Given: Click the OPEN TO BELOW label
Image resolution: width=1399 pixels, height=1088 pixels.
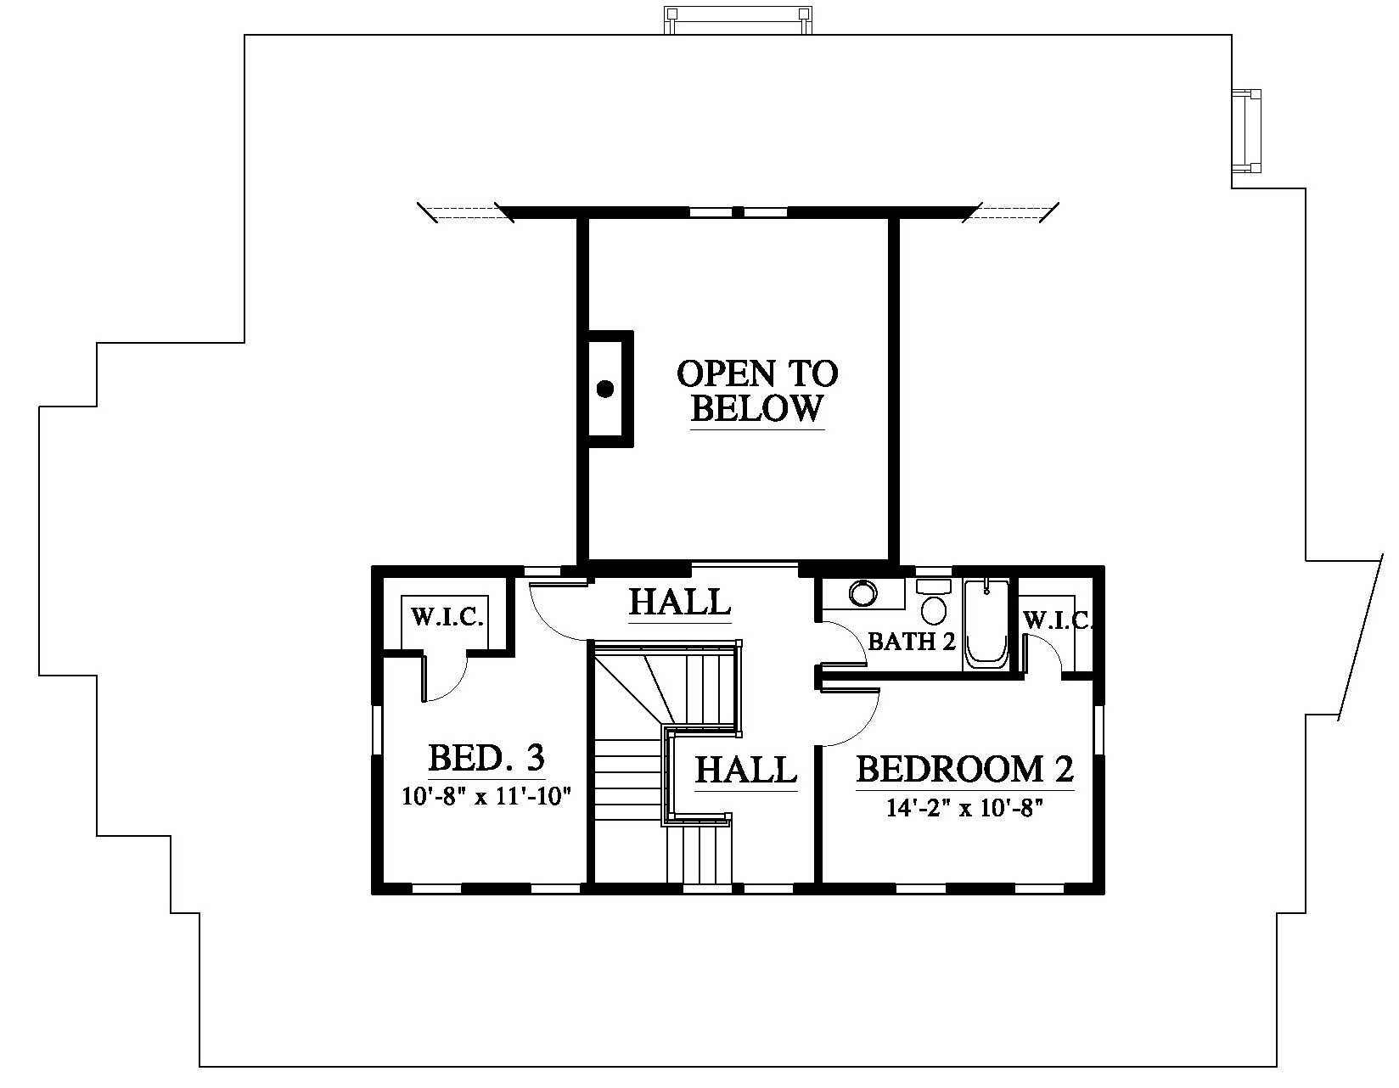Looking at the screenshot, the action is [x=757, y=391].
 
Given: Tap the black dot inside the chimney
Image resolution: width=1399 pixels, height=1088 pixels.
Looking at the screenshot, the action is [x=604, y=389].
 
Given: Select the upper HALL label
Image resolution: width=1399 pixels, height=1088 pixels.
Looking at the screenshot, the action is [x=680, y=602].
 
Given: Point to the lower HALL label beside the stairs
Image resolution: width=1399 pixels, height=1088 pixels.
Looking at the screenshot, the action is [x=746, y=770].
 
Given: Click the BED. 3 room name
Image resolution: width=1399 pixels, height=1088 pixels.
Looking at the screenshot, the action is [x=486, y=757].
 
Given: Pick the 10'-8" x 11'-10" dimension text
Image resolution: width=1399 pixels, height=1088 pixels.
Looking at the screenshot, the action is [x=486, y=797].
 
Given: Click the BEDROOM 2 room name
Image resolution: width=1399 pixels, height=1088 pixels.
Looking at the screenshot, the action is [x=965, y=769].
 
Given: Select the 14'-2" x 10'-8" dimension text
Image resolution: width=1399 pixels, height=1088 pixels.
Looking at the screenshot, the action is [x=964, y=807].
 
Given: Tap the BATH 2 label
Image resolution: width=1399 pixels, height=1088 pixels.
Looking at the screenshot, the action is [x=912, y=642].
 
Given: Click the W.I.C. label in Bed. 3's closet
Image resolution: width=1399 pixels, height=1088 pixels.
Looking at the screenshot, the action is [x=447, y=617].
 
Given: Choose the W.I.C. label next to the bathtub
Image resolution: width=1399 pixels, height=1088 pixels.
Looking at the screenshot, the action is [x=1058, y=620].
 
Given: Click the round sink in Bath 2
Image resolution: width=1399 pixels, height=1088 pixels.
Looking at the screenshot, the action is [x=862, y=593].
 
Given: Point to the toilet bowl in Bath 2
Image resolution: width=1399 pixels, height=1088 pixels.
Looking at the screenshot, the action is [x=934, y=610].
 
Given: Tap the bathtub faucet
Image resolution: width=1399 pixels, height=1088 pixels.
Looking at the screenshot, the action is [x=986, y=587].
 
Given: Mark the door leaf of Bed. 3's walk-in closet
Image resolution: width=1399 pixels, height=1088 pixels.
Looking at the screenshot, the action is [x=424, y=676].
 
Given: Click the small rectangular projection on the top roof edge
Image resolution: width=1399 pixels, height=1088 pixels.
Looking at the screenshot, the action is [x=738, y=20].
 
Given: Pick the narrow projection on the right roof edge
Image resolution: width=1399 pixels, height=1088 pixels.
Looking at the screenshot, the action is [x=1246, y=131].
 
